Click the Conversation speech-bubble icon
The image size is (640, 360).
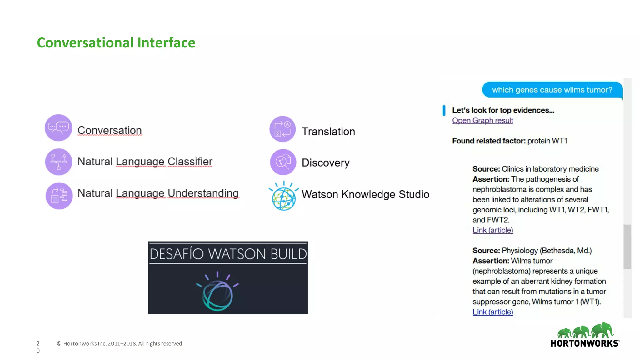(58, 128)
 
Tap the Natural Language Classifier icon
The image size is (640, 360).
(58, 162)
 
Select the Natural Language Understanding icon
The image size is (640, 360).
(59, 196)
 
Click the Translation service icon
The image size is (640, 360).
(282, 129)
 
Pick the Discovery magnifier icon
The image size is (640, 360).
(283, 162)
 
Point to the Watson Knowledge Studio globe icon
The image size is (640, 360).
(284, 197)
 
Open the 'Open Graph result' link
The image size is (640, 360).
(482, 121)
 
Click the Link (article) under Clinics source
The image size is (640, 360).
(493, 230)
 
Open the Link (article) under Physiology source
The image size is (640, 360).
(493, 312)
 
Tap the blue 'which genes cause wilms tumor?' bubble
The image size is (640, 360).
(552, 90)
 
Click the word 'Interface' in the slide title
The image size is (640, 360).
(166, 43)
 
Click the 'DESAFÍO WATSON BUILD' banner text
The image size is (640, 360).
(228, 254)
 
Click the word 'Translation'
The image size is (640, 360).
(328, 132)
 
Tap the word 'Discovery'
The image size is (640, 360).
(325, 163)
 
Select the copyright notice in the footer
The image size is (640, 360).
(119, 344)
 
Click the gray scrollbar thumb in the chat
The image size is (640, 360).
(627, 247)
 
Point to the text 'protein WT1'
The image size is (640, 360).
(547, 141)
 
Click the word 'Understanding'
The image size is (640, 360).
(203, 193)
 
